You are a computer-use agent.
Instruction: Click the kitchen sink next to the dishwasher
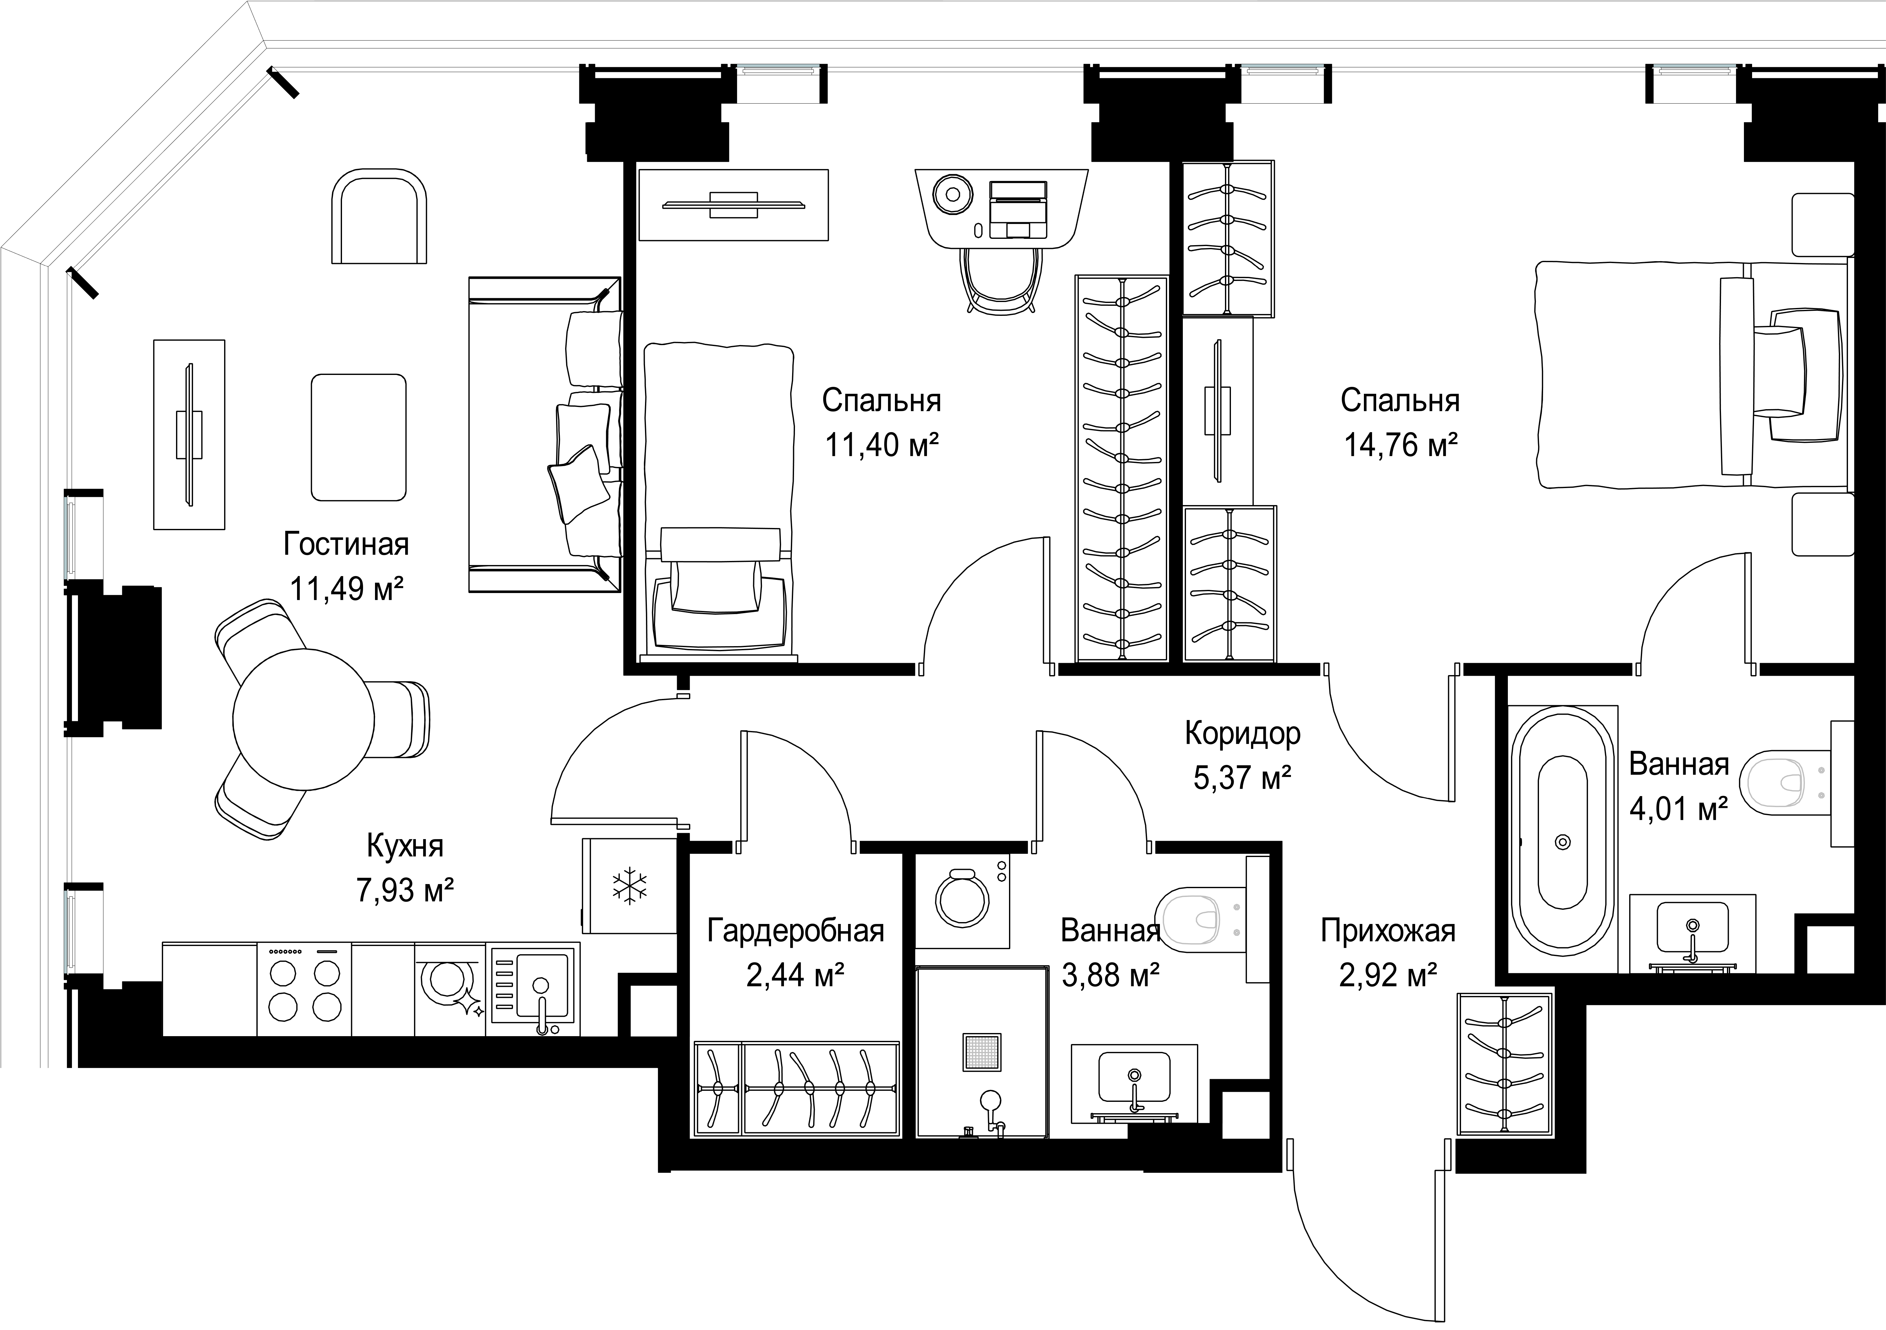[532, 988]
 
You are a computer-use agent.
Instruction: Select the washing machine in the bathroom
[963, 901]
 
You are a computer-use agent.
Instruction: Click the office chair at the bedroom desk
[1001, 279]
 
